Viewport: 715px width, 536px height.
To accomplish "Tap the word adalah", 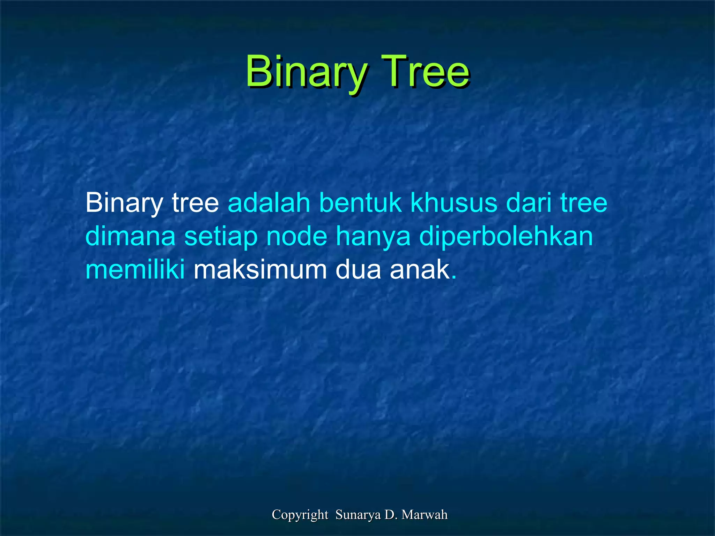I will point(269,203).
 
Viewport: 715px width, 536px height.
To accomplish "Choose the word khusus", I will point(454,203).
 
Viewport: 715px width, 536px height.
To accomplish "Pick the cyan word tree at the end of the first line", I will point(584,203).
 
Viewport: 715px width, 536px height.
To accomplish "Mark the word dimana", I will point(130,237).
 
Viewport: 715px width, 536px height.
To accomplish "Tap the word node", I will point(297,237).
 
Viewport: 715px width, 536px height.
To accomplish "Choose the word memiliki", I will point(135,270).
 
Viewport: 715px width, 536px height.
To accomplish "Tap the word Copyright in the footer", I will point(300,515).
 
